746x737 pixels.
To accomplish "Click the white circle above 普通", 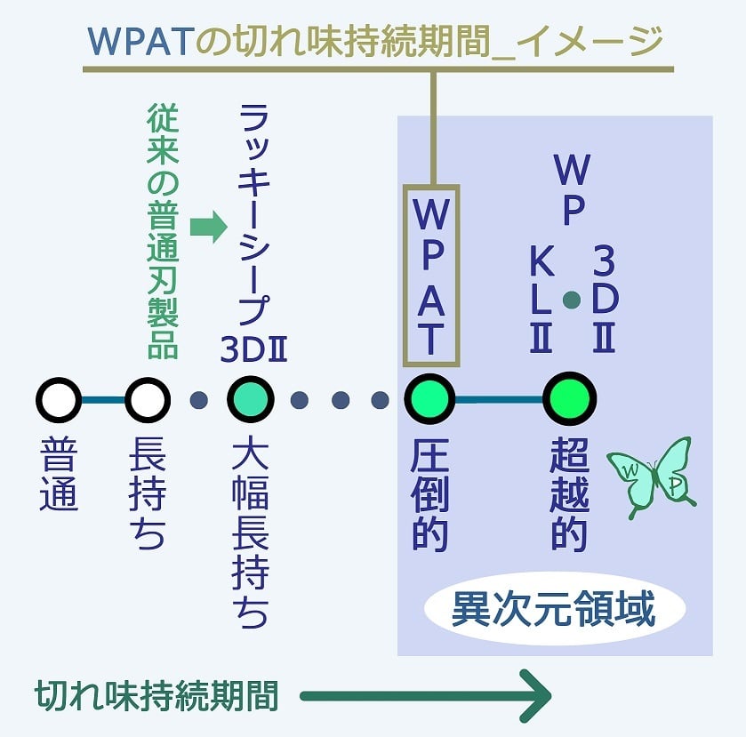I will (59, 400).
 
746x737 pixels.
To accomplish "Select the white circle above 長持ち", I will (148, 400).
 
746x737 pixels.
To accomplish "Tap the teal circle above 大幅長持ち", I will (251, 400).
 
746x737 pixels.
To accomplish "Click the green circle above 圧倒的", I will (431, 400).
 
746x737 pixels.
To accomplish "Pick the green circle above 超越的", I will (570, 400).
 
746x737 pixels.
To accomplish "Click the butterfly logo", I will (651, 476).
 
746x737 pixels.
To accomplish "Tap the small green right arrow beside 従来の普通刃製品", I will (209, 228).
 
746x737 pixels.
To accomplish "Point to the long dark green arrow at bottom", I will (427, 696).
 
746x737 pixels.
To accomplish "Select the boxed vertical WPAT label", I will (431, 276).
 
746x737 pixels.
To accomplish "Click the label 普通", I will (59, 477).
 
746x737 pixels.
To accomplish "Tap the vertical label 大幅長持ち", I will (250, 533).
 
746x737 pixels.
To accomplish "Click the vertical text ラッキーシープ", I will (253, 213).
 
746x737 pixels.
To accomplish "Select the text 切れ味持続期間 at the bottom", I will (156, 696).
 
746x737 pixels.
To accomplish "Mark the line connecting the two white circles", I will (103, 400).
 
